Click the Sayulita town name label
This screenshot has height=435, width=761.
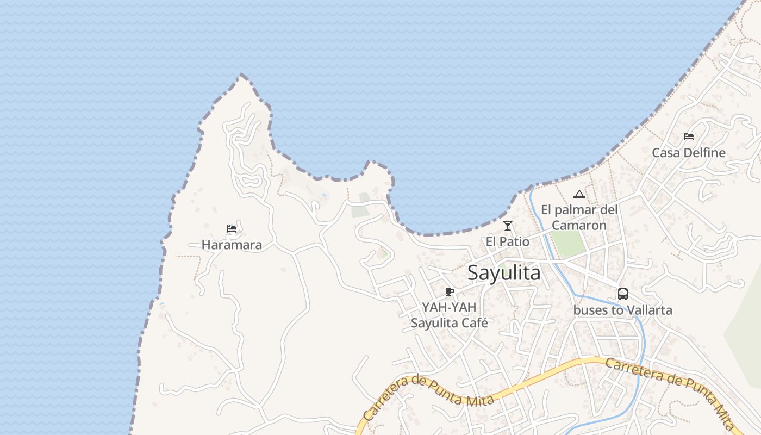coord(504,273)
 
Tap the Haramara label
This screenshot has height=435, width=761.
coord(232,245)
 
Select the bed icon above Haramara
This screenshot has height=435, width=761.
coord(232,229)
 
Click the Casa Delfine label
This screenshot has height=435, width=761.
coord(689,153)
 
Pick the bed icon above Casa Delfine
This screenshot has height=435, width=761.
coord(689,136)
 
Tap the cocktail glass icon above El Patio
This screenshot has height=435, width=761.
coord(508,226)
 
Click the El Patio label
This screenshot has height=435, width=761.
coord(508,241)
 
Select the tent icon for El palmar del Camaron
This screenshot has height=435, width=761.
coord(579,194)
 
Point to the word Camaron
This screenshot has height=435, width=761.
coord(579,225)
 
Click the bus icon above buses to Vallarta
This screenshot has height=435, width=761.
coord(623,294)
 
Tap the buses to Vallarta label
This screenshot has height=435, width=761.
coord(623,310)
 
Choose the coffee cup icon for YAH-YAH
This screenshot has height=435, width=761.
coord(449,292)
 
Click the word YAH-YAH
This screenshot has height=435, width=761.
coord(449,307)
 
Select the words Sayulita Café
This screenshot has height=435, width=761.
coord(449,323)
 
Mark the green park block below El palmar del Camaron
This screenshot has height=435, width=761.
coord(569,244)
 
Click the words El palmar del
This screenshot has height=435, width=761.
coord(579,210)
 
